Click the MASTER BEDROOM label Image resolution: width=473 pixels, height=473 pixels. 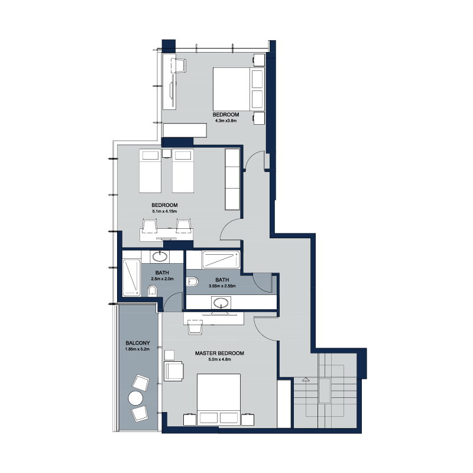(219, 353)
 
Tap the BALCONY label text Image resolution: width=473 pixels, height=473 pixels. (138, 343)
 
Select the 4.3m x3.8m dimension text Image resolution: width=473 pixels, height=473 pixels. (226, 121)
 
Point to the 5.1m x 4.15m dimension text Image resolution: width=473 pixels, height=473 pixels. (164, 211)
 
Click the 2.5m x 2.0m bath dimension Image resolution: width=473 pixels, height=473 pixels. (162, 278)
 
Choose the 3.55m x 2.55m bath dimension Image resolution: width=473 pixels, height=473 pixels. (222, 286)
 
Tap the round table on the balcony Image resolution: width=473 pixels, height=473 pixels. (135, 398)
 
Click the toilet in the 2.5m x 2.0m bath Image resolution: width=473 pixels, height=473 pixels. (153, 291)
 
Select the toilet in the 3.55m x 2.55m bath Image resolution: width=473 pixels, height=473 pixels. (193, 282)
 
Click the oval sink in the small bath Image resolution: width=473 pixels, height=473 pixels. (160, 257)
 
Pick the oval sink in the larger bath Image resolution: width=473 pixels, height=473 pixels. (221, 302)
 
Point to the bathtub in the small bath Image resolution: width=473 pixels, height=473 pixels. (132, 277)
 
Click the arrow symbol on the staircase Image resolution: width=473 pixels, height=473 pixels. (306, 379)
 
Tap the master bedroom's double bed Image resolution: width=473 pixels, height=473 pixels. (219, 400)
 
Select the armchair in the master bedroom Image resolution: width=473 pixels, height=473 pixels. (174, 371)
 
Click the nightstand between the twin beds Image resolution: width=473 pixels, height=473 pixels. (167, 153)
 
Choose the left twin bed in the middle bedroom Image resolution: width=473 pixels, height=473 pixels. (150, 170)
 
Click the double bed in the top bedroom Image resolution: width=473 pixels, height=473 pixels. (239, 89)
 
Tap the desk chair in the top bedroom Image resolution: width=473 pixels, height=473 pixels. (179, 66)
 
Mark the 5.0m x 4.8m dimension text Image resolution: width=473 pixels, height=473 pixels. (219, 359)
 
